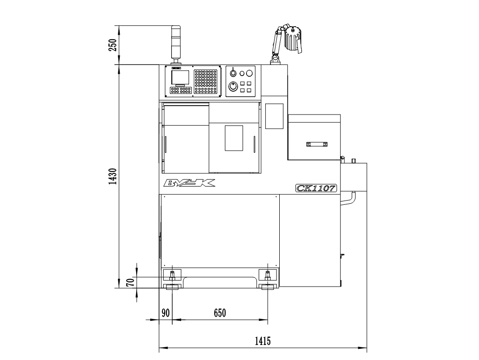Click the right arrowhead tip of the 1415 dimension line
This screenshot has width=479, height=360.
click(x=367, y=347)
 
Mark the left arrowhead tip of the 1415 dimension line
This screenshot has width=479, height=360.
click(x=159, y=347)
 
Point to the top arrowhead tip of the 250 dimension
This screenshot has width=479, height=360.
click(x=118, y=26)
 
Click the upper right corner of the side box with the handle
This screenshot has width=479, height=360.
click(x=341, y=115)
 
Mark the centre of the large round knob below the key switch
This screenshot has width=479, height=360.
click(x=233, y=87)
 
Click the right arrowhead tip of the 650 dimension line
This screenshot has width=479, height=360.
click(x=268, y=320)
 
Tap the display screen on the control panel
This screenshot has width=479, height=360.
click(x=180, y=78)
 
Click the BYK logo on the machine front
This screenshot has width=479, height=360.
click(x=189, y=183)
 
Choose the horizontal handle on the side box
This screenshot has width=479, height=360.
click(x=317, y=144)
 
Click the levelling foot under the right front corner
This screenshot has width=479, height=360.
click(x=268, y=287)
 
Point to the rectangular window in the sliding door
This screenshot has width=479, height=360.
click(x=234, y=138)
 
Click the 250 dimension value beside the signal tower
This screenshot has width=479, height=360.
click(x=113, y=45)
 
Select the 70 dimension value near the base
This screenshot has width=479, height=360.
click(x=131, y=282)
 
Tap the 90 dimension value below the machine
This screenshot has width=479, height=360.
click(x=165, y=313)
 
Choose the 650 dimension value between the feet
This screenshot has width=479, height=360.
click(x=220, y=313)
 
